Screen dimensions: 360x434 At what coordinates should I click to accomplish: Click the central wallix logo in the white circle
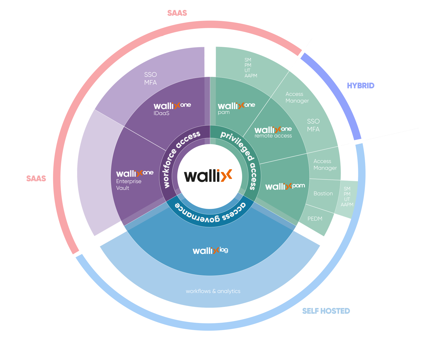click(x=208, y=176)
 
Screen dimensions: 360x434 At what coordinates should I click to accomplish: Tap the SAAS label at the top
click(x=177, y=13)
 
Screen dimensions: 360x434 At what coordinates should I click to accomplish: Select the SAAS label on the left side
click(x=36, y=178)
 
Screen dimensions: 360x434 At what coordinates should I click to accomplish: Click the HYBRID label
click(x=361, y=86)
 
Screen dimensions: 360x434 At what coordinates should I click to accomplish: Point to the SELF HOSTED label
click(x=326, y=311)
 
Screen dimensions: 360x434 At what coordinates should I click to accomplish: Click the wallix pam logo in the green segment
click(x=285, y=186)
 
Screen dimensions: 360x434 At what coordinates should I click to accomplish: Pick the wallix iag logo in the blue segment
click(x=210, y=251)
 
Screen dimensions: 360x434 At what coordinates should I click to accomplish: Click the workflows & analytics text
click(x=213, y=291)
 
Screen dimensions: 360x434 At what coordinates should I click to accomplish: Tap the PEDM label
click(x=315, y=219)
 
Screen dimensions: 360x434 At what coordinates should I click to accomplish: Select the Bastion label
click(x=323, y=194)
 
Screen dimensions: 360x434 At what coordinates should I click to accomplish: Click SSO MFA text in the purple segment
click(x=150, y=79)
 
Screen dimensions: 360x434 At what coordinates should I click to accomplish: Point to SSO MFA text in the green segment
click(x=313, y=125)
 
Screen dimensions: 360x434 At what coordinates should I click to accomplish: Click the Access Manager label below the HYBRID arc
click(x=297, y=97)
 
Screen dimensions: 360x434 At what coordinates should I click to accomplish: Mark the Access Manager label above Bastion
click(x=325, y=164)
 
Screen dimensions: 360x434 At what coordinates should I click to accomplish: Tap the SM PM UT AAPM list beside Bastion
click(x=347, y=197)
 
